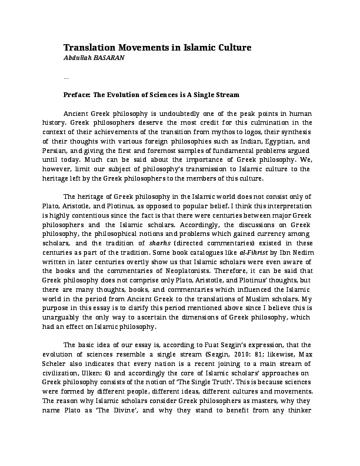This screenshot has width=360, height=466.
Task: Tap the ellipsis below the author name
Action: tap(66, 76)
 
